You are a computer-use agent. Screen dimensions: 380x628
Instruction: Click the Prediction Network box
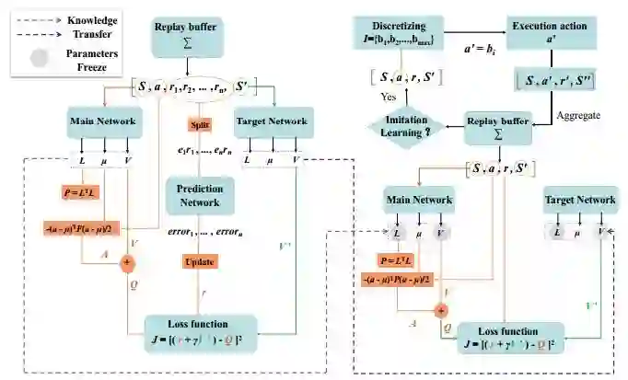(201, 194)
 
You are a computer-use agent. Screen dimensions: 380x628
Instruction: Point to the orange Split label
(201, 123)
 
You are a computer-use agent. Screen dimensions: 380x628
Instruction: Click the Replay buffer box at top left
(188, 35)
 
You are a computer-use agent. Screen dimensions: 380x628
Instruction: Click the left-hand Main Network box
(105, 121)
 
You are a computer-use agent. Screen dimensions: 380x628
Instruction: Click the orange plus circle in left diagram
(128, 261)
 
